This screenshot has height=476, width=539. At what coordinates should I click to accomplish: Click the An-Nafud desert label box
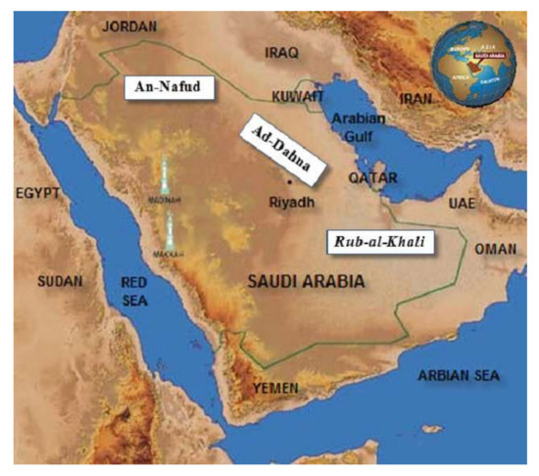tap(164, 88)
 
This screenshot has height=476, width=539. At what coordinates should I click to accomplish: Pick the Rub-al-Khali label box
tap(383, 238)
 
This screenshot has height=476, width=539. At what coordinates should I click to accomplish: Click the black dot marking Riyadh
tap(290, 183)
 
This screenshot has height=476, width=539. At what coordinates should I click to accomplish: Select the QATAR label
tap(373, 179)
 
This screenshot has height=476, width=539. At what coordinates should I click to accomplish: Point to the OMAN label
tap(496, 250)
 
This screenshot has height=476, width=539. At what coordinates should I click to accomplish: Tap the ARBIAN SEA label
tap(459, 375)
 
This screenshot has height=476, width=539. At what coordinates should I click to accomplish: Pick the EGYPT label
tap(38, 195)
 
